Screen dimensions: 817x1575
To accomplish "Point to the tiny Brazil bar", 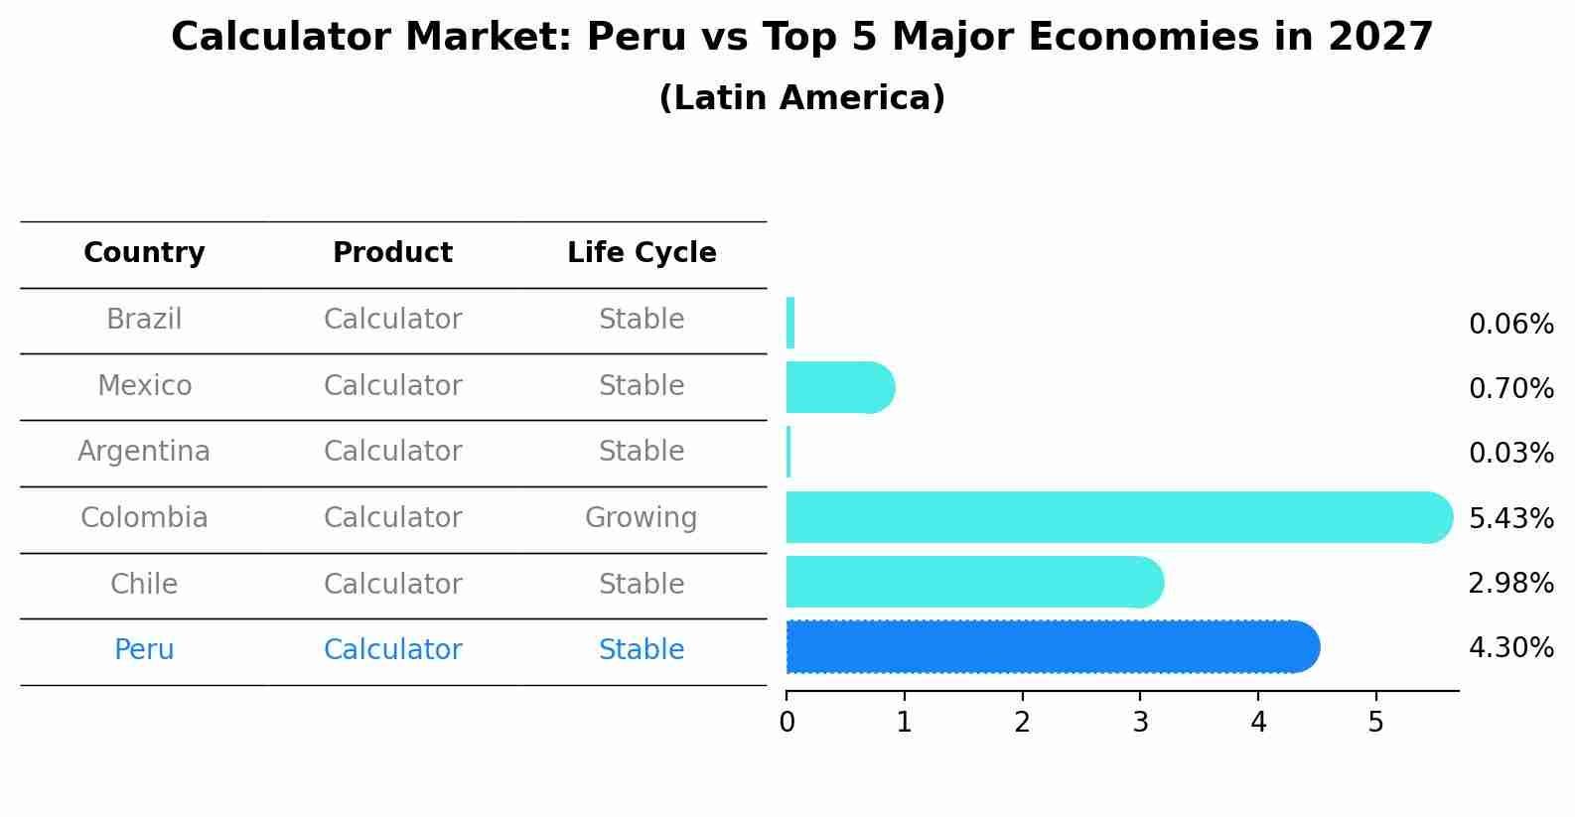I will coord(790,323).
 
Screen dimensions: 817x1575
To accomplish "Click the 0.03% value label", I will coord(1510,454).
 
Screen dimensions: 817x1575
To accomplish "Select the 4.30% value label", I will coord(1510,648).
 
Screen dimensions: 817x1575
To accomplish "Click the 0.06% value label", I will coord(1510,325).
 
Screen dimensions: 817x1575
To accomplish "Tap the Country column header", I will coord(144,253).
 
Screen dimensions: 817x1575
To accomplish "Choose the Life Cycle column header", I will coord(642,253).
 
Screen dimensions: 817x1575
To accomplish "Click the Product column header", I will coord(392,253).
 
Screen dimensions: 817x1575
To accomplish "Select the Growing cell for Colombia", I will coord(642,518).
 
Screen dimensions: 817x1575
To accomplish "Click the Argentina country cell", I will coord(144,452).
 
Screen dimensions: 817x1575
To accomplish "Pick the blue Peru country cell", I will coord(144,650).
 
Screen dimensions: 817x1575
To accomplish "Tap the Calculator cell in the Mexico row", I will coord(392,385).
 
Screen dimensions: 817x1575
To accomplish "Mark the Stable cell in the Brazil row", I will coord(642,320).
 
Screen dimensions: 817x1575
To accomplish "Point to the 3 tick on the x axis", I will coord(1140,723).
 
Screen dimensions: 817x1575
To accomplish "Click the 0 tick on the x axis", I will coord(787,723).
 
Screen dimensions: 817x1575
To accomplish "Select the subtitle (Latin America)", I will coord(801,98).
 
